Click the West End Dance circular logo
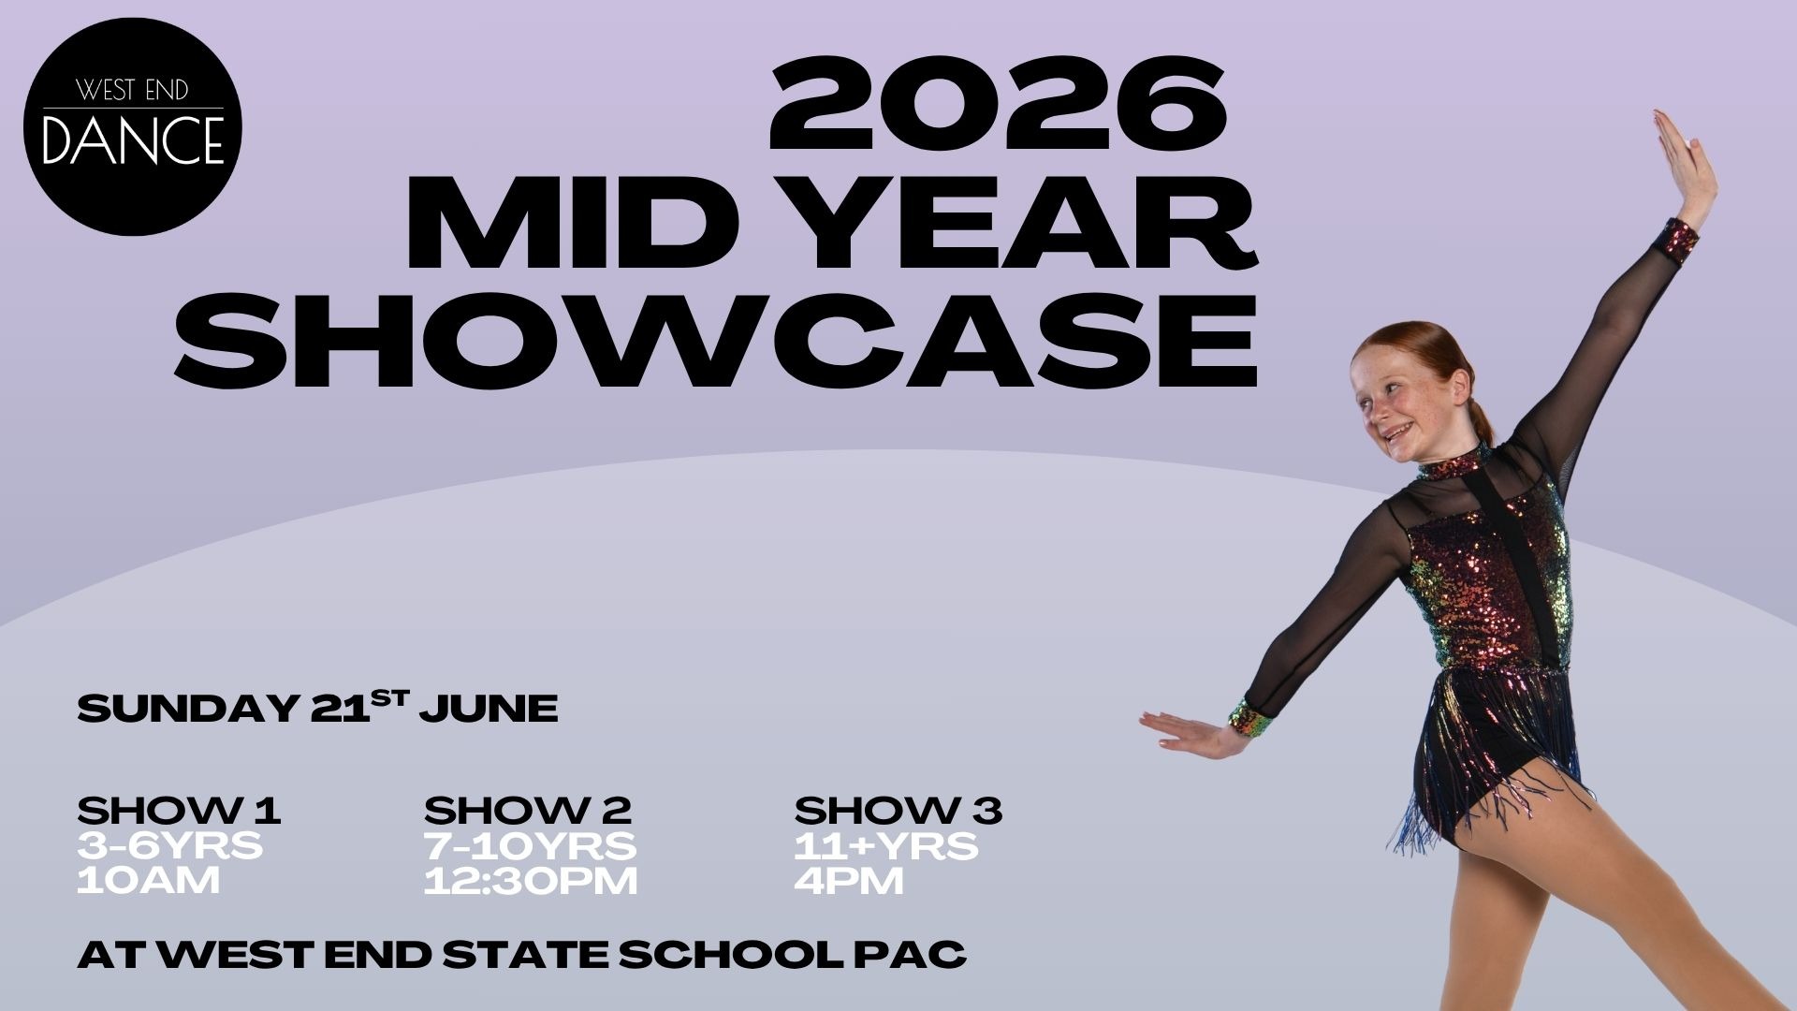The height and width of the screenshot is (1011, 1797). [x=133, y=126]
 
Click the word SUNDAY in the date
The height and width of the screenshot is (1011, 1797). [x=187, y=709]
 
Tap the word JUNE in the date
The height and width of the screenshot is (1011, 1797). [x=489, y=709]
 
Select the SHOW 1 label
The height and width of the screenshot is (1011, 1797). [x=179, y=811]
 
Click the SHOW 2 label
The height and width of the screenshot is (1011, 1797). [x=528, y=811]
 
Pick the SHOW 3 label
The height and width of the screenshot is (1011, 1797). [x=898, y=811]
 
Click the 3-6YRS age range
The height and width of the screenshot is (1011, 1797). [x=170, y=846]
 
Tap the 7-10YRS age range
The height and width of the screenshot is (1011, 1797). [x=531, y=846]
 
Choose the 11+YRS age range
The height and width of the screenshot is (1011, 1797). [x=886, y=846]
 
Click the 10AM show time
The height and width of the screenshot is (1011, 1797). [x=149, y=881]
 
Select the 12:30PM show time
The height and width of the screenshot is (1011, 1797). [x=531, y=881]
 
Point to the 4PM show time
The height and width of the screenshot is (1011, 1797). [x=849, y=881]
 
